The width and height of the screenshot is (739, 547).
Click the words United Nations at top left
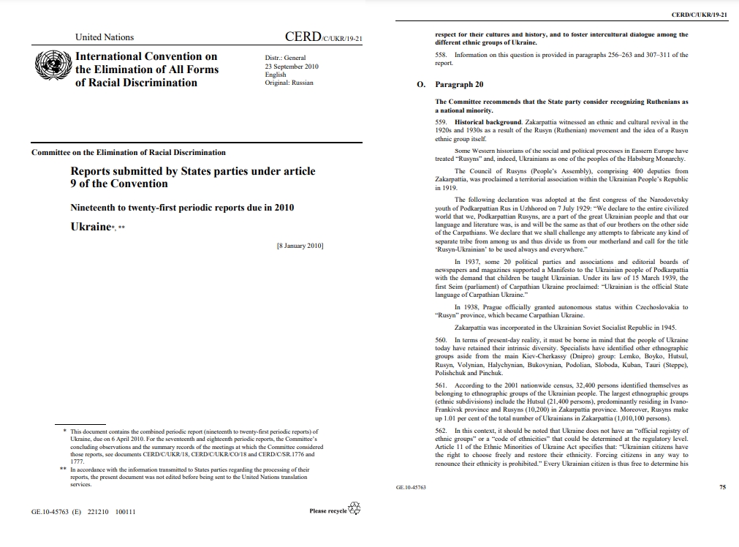[x=105, y=37]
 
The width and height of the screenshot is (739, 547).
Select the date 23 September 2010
[x=292, y=66]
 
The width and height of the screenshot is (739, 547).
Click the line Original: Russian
[x=289, y=83]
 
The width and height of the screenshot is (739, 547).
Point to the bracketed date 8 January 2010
[x=300, y=246]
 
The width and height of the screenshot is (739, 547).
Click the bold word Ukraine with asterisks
[x=90, y=227]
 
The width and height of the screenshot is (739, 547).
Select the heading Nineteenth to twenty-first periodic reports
[x=182, y=208]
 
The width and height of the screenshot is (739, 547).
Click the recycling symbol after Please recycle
[x=355, y=509]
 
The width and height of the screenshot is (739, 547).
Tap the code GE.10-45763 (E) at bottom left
[x=56, y=513]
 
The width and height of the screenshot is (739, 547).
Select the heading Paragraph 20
[x=459, y=85]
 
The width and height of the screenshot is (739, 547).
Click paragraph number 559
[x=441, y=122]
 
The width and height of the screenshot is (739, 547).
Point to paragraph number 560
[x=441, y=341]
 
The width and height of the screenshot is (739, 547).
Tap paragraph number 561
[x=441, y=385]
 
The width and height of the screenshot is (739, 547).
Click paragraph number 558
[x=441, y=55]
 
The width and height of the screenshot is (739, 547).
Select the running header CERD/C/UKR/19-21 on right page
[x=698, y=14]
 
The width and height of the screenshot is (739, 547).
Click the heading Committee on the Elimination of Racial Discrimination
[x=129, y=153]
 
